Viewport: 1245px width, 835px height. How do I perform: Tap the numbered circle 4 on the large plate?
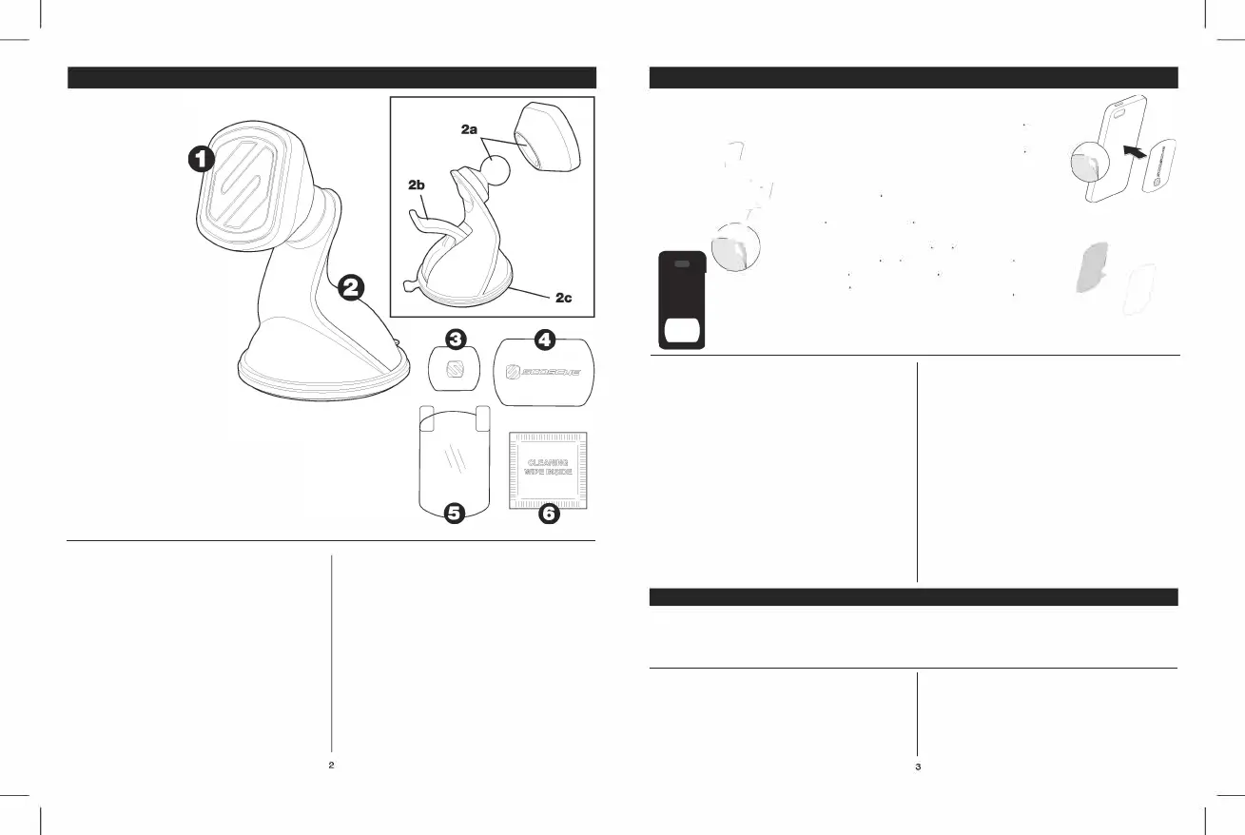(x=544, y=339)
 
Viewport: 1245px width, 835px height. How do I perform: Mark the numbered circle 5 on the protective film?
(x=455, y=513)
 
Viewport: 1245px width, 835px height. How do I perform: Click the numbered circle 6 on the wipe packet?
(x=549, y=514)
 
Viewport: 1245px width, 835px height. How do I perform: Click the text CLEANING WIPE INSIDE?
(x=548, y=468)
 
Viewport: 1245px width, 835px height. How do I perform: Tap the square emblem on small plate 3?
(x=456, y=366)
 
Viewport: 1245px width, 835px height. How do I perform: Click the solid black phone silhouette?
(x=681, y=301)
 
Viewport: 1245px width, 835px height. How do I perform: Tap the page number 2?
(x=331, y=765)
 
